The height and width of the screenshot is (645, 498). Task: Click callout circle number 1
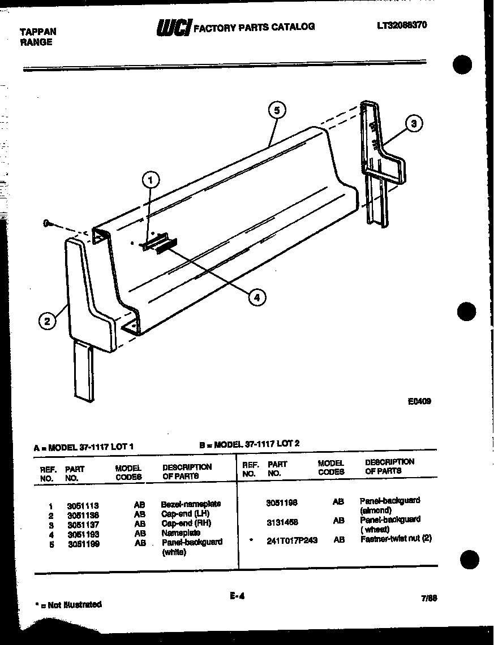[x=150, y=180]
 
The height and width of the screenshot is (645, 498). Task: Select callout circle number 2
[x=48, y=321]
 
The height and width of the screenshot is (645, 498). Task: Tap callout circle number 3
[x=415, y=124]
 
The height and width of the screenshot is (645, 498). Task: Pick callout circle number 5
[x=277, y=110]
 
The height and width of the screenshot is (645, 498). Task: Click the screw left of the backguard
[x=46, y=224]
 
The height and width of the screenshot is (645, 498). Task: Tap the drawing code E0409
[x=419, y=402]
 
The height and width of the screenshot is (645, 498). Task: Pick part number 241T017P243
[x=291, y=540]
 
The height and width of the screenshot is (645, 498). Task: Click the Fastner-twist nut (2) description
[x=396, y=539]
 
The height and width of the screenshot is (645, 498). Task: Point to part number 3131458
[x=282, y=522]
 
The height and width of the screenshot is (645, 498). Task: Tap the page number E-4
[x=237, y=595]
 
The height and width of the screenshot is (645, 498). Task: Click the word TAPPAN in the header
[x=38, y=32]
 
